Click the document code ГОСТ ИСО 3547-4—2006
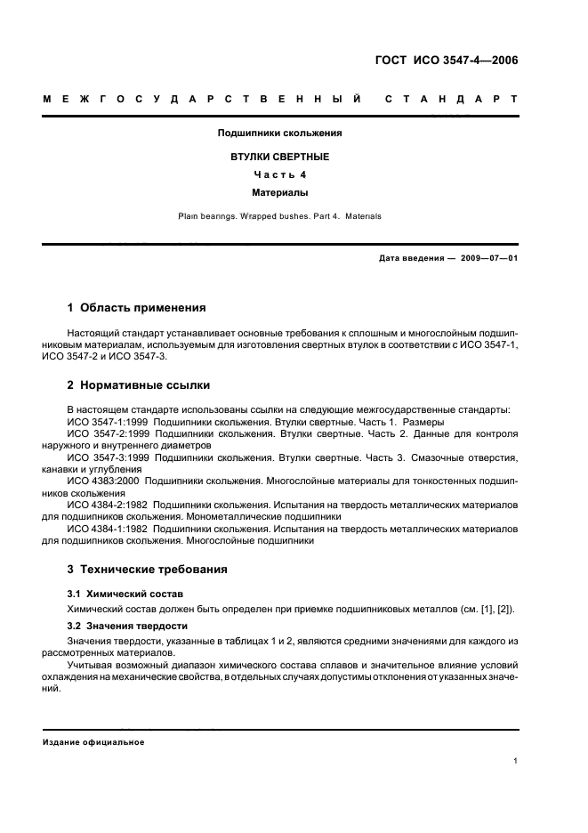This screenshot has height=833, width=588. [447, 61]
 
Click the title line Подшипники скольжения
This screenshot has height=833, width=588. [280, 133]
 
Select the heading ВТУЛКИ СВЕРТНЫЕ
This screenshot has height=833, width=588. [280, 157]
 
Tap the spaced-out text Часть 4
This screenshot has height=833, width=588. [280, 174]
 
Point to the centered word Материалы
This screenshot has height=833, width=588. [280, 191]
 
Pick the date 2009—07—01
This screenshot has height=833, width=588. [487, 258]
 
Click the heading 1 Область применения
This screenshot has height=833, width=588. [137, 308]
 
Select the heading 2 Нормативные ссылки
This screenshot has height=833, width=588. [139, 385]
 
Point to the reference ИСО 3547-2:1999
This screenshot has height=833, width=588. [103, 433]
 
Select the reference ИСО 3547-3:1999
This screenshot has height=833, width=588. [103, 457]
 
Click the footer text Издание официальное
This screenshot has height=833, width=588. [93, 742]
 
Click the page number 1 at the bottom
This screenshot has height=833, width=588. [516, 761]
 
